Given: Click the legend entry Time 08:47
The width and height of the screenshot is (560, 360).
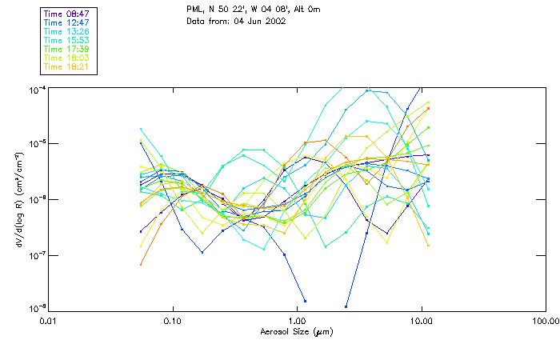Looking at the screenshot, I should click(66, 14).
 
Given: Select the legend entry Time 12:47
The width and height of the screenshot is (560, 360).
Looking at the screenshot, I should click(66, 22).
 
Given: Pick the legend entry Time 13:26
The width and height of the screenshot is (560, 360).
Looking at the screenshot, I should click(66, 31).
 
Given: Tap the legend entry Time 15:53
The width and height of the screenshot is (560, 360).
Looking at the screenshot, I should click(66, 40).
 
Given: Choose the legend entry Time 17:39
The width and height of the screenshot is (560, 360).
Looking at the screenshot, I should click(66, 49).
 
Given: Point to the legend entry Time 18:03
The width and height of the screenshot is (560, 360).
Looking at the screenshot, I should click(66, 58).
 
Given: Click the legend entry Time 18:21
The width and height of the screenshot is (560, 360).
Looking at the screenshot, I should click(66, 66).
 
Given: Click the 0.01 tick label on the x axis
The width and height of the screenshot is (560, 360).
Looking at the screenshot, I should click(49, 320).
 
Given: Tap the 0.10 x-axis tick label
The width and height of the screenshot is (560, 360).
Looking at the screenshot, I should click(173, 320).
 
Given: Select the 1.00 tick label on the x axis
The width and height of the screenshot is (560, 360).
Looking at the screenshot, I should click(297, 320).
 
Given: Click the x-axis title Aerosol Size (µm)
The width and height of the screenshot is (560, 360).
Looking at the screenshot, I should click(296, 331).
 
